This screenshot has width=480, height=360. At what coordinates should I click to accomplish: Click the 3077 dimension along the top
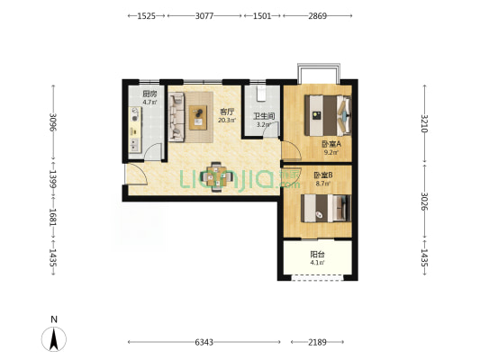tap(204, 15)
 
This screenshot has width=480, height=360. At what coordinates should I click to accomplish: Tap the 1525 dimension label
tap(146, 15)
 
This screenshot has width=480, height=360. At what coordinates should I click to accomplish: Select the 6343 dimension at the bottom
tap(204, 342)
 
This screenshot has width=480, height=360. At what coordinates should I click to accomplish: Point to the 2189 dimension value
tap(317, 342)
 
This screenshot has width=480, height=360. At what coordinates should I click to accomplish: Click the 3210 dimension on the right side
tap(424, 123)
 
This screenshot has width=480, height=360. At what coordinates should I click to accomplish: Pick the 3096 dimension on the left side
tap(53, 122)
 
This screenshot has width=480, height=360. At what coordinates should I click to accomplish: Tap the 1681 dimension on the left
tap(53, 218)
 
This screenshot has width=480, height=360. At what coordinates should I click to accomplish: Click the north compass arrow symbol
tap(54, 339)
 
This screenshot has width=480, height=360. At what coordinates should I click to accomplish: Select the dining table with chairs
tap(216, 176)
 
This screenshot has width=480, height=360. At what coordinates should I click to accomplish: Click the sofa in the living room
tap(177, 117)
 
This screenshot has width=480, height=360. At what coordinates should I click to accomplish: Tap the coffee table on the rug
tap(198, 118)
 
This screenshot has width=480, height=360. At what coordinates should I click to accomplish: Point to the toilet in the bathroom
tap(261, 94)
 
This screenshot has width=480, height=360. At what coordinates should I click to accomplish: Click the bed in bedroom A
tap(328, 115)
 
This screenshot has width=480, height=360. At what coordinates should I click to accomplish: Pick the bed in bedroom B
tap(326, 208)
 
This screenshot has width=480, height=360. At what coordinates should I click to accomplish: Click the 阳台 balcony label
tap(318, 255)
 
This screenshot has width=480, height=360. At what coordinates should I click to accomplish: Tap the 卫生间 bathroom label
tap(264, 116)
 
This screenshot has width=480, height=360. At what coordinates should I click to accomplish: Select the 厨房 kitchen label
tap(149, 94)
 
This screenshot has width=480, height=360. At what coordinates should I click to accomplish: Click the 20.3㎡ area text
tap(227, 121)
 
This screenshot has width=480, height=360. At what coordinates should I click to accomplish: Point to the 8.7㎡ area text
tap(323, 184)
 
